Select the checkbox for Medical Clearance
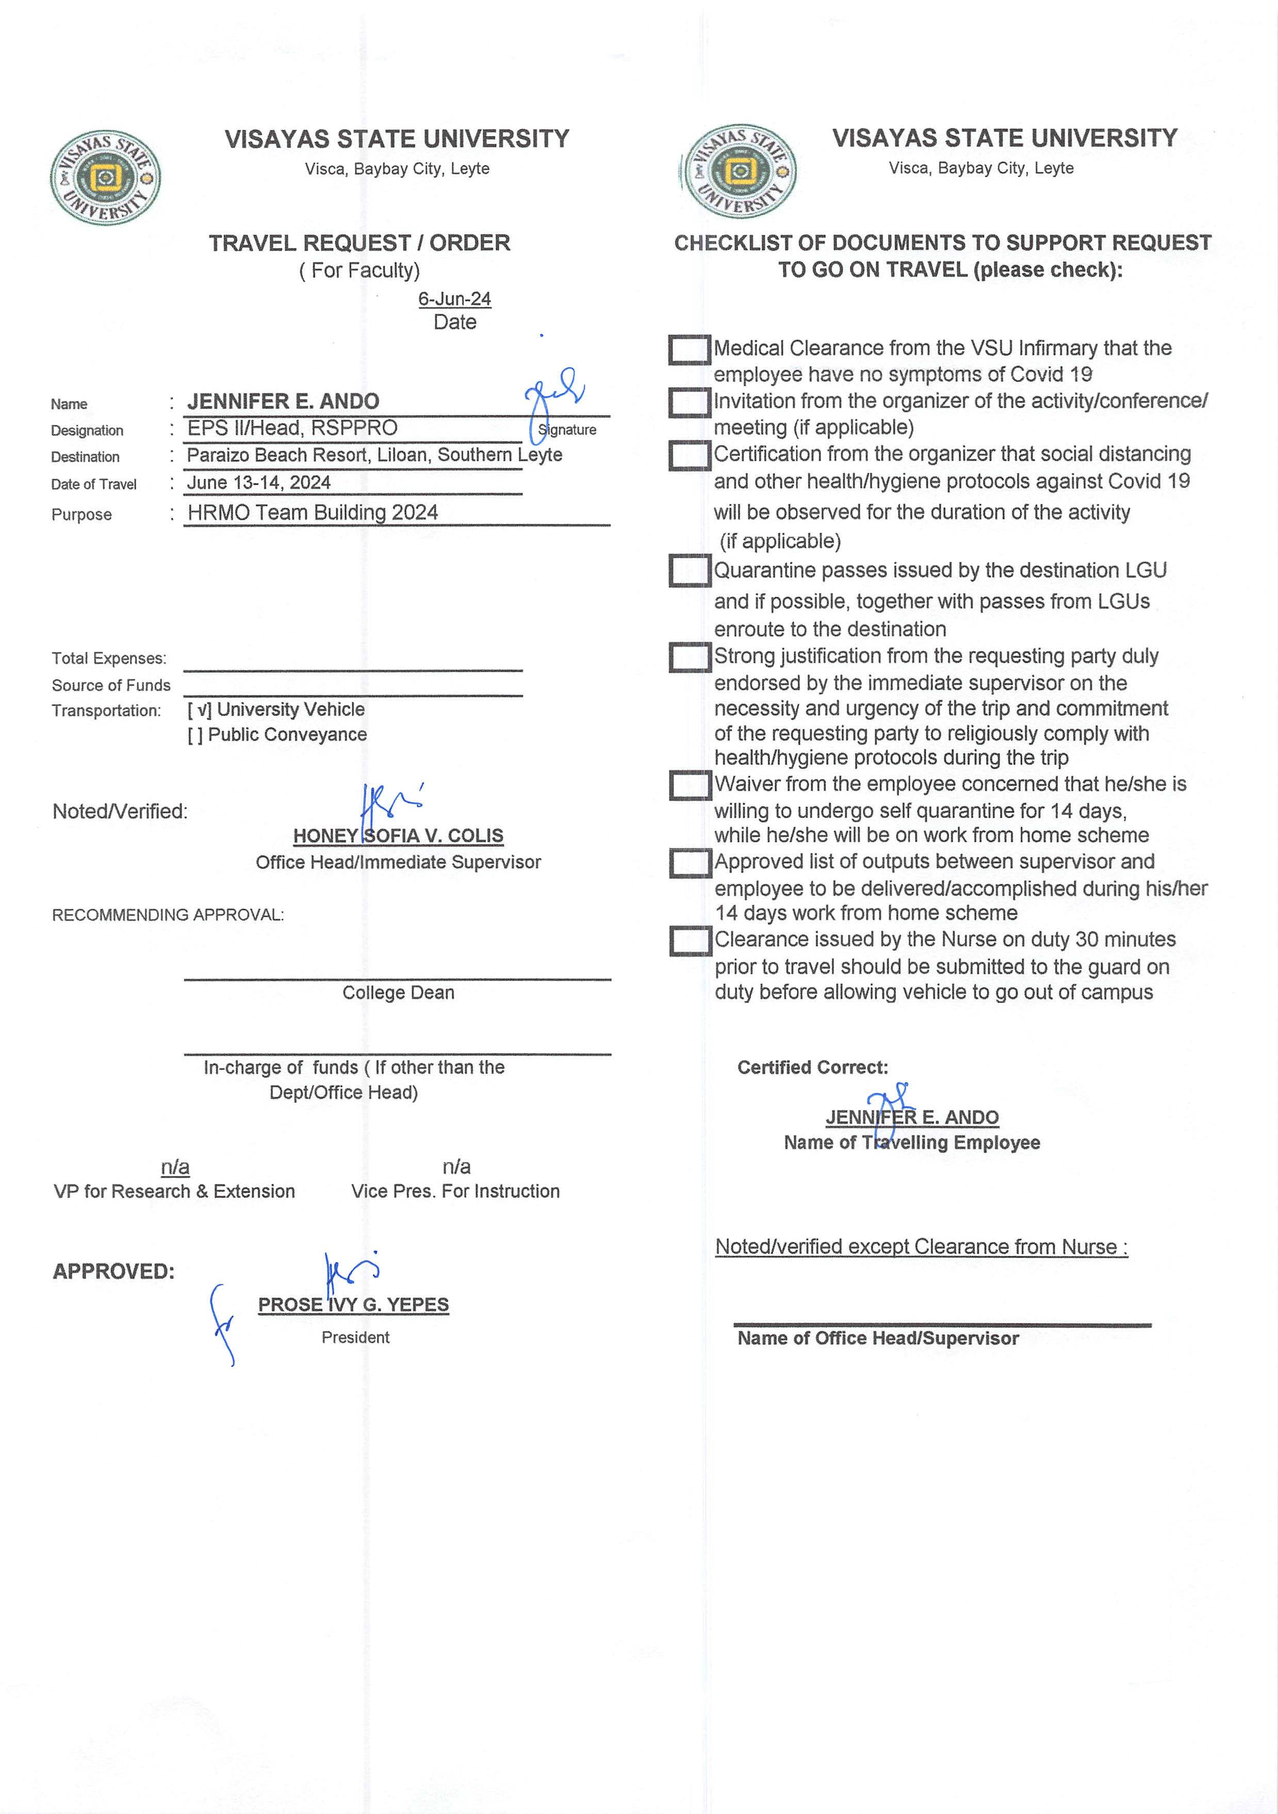click(689, 350)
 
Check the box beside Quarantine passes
click(689, 571)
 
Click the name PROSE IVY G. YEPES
click(353, 1304)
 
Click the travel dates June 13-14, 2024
click(258, 482)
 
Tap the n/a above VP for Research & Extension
click(175, 1167)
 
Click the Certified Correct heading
click(812, 1068)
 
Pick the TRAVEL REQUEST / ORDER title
click(359, 243)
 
